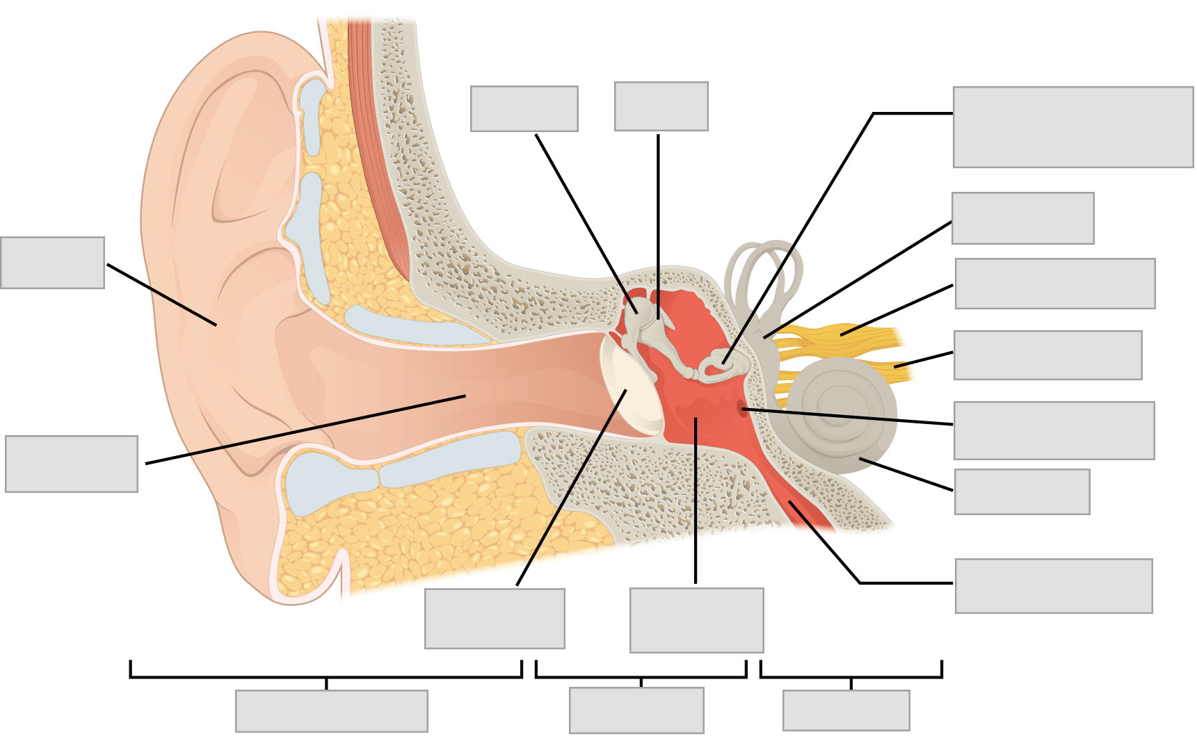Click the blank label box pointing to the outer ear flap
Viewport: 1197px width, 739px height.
point(52,263)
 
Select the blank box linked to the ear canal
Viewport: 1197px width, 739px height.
point(71,464)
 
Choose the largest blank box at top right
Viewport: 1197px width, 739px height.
point(1073,127)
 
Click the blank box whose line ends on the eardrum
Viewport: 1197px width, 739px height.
point(495,619)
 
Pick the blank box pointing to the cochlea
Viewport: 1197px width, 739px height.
point(1021,492)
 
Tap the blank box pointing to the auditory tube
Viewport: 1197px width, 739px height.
point(1053,585)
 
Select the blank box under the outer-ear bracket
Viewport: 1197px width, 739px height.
point(331,710)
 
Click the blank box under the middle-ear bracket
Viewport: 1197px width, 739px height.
point(636,710)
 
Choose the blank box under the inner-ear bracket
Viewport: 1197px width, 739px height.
point(846,710)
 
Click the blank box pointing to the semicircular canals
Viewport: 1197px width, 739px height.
point(1022,218)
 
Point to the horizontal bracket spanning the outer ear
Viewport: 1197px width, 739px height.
point(326,676)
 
